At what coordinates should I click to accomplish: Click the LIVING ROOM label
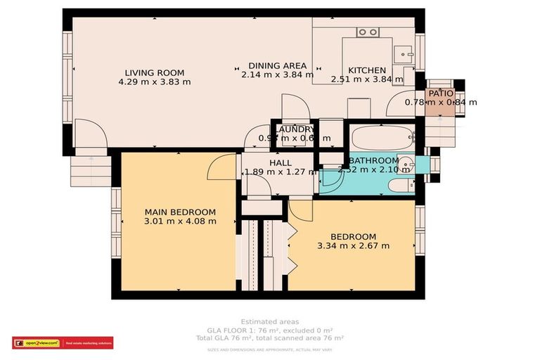coord(155,72)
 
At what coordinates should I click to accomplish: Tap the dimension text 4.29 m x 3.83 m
coord(155,82)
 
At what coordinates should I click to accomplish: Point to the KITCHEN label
coord(367,70)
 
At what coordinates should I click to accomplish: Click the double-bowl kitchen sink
coord(367,32)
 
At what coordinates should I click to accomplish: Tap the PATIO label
coord(440,93)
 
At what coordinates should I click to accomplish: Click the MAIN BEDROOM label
coord(180,212)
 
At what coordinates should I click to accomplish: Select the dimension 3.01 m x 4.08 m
coord(180,221)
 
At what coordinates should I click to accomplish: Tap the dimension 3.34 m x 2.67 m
coord(353,246)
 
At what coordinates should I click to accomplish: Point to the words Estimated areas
coord(269,321)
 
